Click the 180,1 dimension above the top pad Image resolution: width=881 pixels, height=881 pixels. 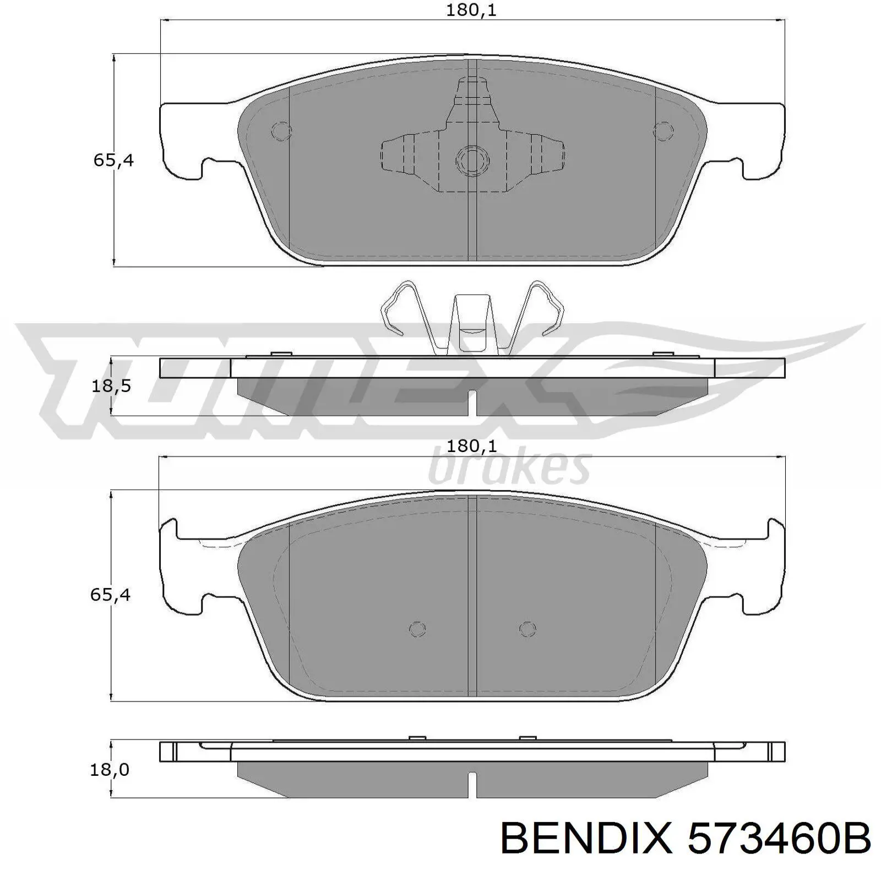coord(471,10)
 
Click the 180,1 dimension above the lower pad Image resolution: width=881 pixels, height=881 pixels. coord(471,446)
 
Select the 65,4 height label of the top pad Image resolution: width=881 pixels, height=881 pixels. coord(113,161)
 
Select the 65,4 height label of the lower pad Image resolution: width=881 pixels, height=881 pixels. coord(111,595)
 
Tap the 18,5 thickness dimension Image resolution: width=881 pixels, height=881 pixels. coord(111,386)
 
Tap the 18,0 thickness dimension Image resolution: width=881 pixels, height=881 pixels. coord(111,769)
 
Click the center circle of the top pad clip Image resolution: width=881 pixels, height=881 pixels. coord(472,160)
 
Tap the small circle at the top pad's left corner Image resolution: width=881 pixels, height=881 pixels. coord(281,131)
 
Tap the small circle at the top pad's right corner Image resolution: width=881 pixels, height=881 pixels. coord(663,131)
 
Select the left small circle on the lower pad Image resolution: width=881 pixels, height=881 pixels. coord(418,629)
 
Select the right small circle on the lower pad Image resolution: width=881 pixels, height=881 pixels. coord(527,629)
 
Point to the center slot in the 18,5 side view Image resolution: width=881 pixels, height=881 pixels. coord(472,403)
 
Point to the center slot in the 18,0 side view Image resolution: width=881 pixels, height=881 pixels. coord(472,784)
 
